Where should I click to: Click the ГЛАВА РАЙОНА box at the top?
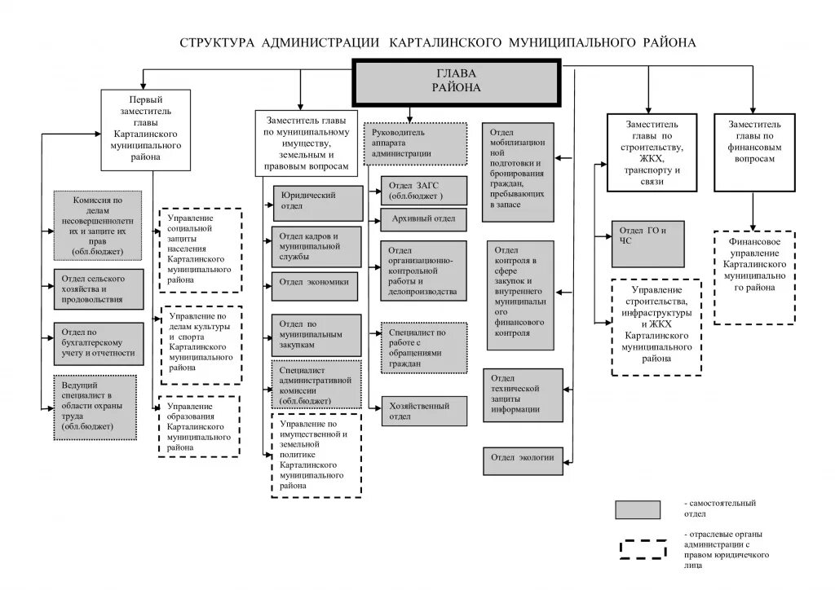pyautogui.click(x=456, y=82)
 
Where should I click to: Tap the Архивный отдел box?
pyautogui.click(x=423, y=218)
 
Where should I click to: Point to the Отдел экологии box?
pyautogui.click(x=522, y=458)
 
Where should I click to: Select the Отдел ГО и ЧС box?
pyautogui.click(x=648, y=236)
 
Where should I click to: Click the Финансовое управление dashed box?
pyautogui.click(x=755, y=277)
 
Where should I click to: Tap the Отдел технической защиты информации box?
pyautogui.click(x=522, y=394)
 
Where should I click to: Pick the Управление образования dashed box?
pyautogui.click(x=200, y=425)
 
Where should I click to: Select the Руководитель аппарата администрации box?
pyautogui.click(x=415, y=143)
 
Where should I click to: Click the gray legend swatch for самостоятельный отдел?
pyautogui.click(x=637, y=509)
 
